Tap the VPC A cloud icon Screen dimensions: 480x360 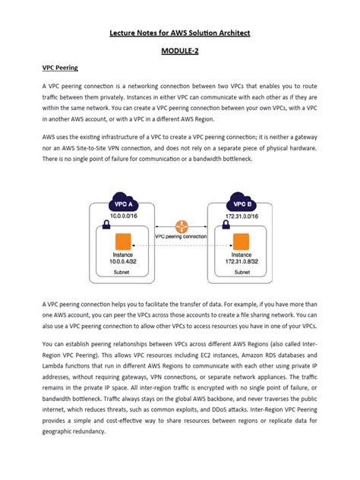123,205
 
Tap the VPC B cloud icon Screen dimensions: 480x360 239,205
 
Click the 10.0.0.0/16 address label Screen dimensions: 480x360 123,217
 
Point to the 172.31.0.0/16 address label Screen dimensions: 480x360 240,217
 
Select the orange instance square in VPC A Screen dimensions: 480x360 123,243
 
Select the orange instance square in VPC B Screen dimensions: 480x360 240,243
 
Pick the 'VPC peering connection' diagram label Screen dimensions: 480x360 181,236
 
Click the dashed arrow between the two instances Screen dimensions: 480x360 181,245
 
